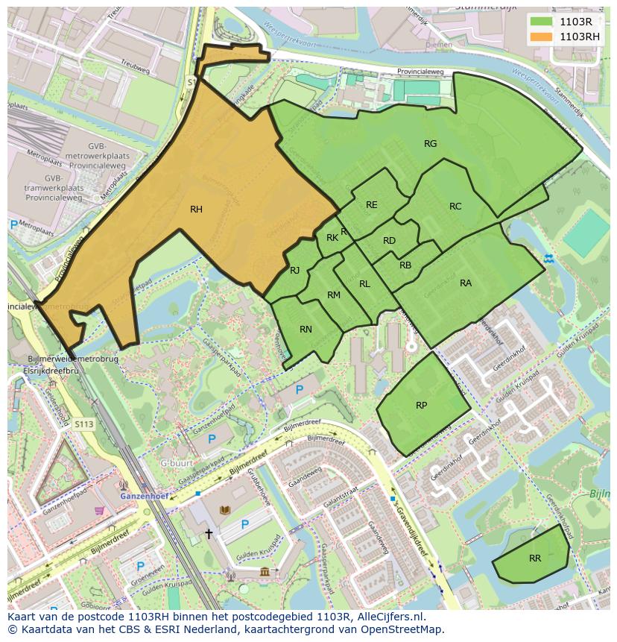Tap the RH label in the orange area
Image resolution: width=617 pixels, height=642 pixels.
pyautogui.click(x=196, y=210)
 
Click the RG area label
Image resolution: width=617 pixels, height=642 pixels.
pyautogui.click(x=430, y=144)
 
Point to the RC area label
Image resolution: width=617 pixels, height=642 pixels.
pyautogui.click(x=455, y=207)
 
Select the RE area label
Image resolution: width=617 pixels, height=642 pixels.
pyautogui.click(x=371, y=205)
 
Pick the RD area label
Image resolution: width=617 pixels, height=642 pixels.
pyautogui.click(x=389, y=241)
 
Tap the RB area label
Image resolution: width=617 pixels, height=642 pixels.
pyautogui.click(x=405, y=265)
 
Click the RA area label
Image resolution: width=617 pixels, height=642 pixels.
pyautogui.click(x=466, y=283)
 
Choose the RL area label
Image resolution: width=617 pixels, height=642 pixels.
pyautogui.click(x=364, y=284)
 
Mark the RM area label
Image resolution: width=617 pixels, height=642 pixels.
pyautogui.click(x=333, y=295)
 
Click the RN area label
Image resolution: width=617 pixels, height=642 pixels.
pyautogui.click(x=306, y=330)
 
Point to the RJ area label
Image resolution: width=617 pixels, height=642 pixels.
pyautogui.click(x=294, y=271)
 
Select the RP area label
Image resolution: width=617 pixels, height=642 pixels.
pyautogui.click(x=421, y=405)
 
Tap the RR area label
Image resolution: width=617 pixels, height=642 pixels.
pyautogui.click(x=534, y=558)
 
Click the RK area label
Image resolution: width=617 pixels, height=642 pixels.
pyautogui.click(x=332, y=238)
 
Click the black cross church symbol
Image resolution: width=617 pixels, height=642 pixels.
pyautogui.click(x=209, y=534)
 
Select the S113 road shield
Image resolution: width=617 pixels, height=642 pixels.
pyautogui.click(x=83, y=424)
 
